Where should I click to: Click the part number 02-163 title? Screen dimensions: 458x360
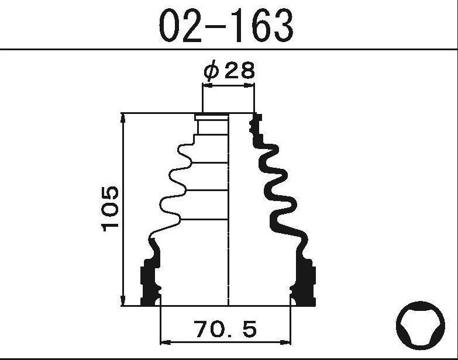tap(226, 25)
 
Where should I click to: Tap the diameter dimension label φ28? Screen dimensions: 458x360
tap(229, 70)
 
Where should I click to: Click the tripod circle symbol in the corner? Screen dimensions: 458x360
tap(421, 326)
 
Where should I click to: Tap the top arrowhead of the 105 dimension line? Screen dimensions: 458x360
tap(123, 118)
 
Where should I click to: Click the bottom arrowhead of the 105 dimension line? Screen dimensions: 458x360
tap(123, 300)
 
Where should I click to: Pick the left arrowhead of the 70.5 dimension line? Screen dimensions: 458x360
tap(166, 342)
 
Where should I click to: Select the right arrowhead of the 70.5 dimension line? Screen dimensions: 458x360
tap(285, 342)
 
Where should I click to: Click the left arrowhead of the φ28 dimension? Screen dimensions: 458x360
tap(208, 85)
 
